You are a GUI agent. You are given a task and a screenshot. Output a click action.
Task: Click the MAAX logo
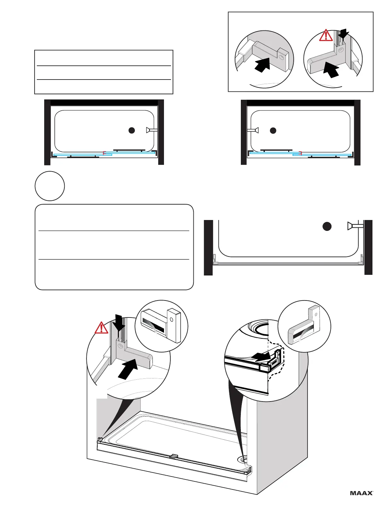coord(362,493)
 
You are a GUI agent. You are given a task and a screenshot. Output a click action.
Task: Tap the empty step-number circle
coord(50,186)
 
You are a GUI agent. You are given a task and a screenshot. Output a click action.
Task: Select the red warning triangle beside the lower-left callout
coord(101,328)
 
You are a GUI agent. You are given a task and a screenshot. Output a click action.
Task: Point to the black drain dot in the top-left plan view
coord(131,130)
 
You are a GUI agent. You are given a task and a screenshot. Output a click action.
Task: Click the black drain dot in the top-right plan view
coord(273,131)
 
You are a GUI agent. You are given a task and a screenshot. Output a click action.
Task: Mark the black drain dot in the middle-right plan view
coord(327,226)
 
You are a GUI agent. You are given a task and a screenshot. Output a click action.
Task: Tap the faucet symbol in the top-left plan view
coord(151,130)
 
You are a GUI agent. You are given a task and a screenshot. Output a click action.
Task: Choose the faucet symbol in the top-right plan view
coord(253,130)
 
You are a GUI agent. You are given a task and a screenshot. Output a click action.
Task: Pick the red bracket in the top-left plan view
coord(104,153)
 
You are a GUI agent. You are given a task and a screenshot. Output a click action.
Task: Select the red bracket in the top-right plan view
coord(300,153)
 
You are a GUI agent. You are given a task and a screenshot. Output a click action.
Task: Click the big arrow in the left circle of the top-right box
coord(262,65)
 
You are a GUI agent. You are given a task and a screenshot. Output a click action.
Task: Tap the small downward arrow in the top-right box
coord(344,33)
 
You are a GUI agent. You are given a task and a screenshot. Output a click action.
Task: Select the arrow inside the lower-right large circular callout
coord(260,355)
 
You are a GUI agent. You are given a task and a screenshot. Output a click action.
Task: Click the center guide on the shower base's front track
coord(175,456)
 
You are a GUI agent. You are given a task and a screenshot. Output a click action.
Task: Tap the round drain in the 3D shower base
coord(242,460)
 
